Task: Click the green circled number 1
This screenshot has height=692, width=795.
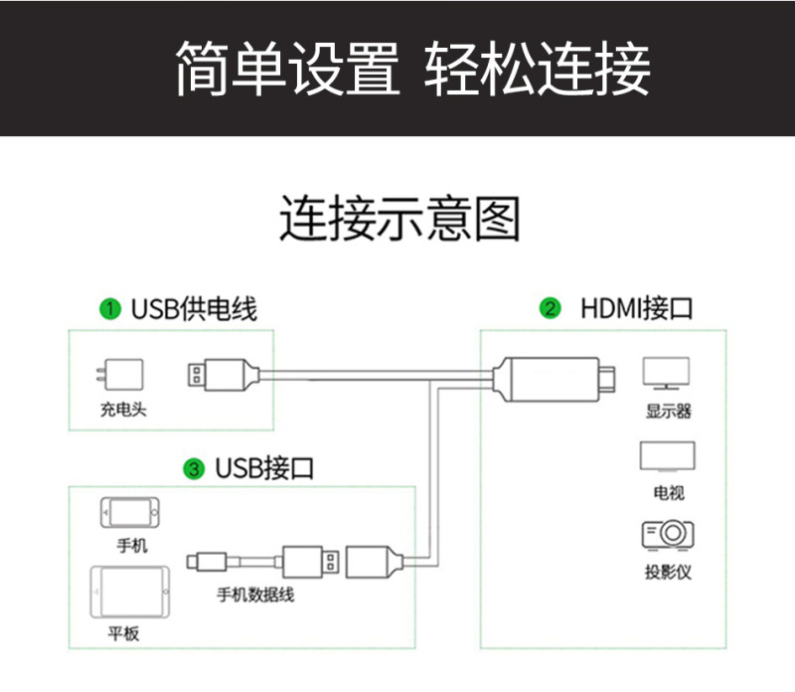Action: (x=111, y=309)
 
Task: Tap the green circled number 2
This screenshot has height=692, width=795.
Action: (x=550, y=308)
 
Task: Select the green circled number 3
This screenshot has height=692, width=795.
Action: (x=195, y=467)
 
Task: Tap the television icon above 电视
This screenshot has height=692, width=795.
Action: (x=668, y=456)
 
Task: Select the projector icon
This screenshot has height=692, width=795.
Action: (x=668, y=534)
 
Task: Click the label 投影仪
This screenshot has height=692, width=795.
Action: (x=668, y=572)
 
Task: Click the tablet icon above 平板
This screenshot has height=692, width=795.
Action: (x=123, y=594)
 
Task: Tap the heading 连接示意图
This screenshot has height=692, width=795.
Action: (x=398, y=220)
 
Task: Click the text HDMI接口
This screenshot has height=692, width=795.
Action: (x=636, y=308)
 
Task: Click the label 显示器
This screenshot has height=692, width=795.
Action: (x=668, y=411)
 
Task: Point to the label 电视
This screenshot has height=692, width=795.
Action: (x=668, y=492)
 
